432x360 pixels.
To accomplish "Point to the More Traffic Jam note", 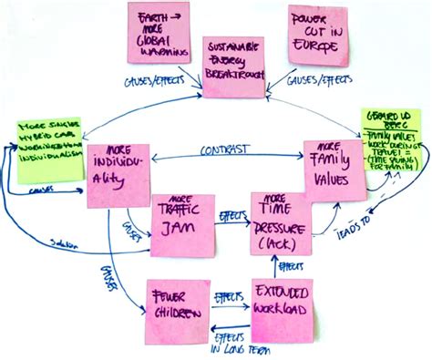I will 181,221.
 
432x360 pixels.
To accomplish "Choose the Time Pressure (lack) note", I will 279,221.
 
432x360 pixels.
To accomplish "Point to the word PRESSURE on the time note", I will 280,222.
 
